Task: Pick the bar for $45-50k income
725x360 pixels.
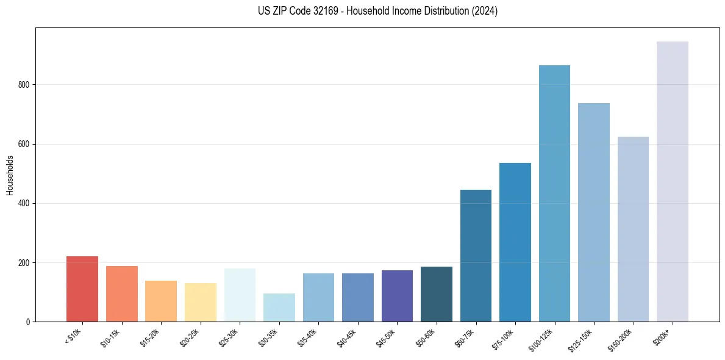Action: tap(397, 296)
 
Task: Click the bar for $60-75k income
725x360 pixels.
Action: tap(476, 256)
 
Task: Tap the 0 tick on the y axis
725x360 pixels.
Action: tap(30, 322)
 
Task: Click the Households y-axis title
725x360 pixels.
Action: tap(10, 175)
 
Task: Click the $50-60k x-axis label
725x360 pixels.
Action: tap(426, 337)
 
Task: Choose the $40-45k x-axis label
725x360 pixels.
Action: tap(347, 337)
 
